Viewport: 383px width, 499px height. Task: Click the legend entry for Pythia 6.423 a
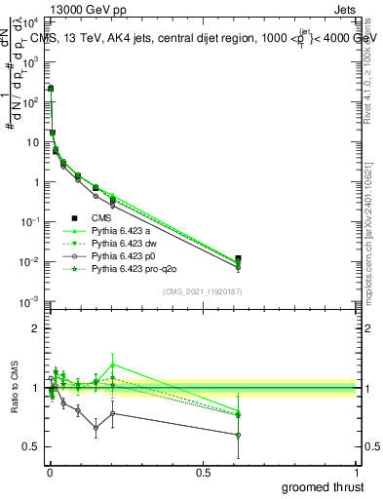123,231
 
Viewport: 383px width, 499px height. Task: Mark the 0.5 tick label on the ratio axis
31,447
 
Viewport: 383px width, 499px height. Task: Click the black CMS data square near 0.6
239,259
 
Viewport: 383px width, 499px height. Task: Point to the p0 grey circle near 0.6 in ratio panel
239,435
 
